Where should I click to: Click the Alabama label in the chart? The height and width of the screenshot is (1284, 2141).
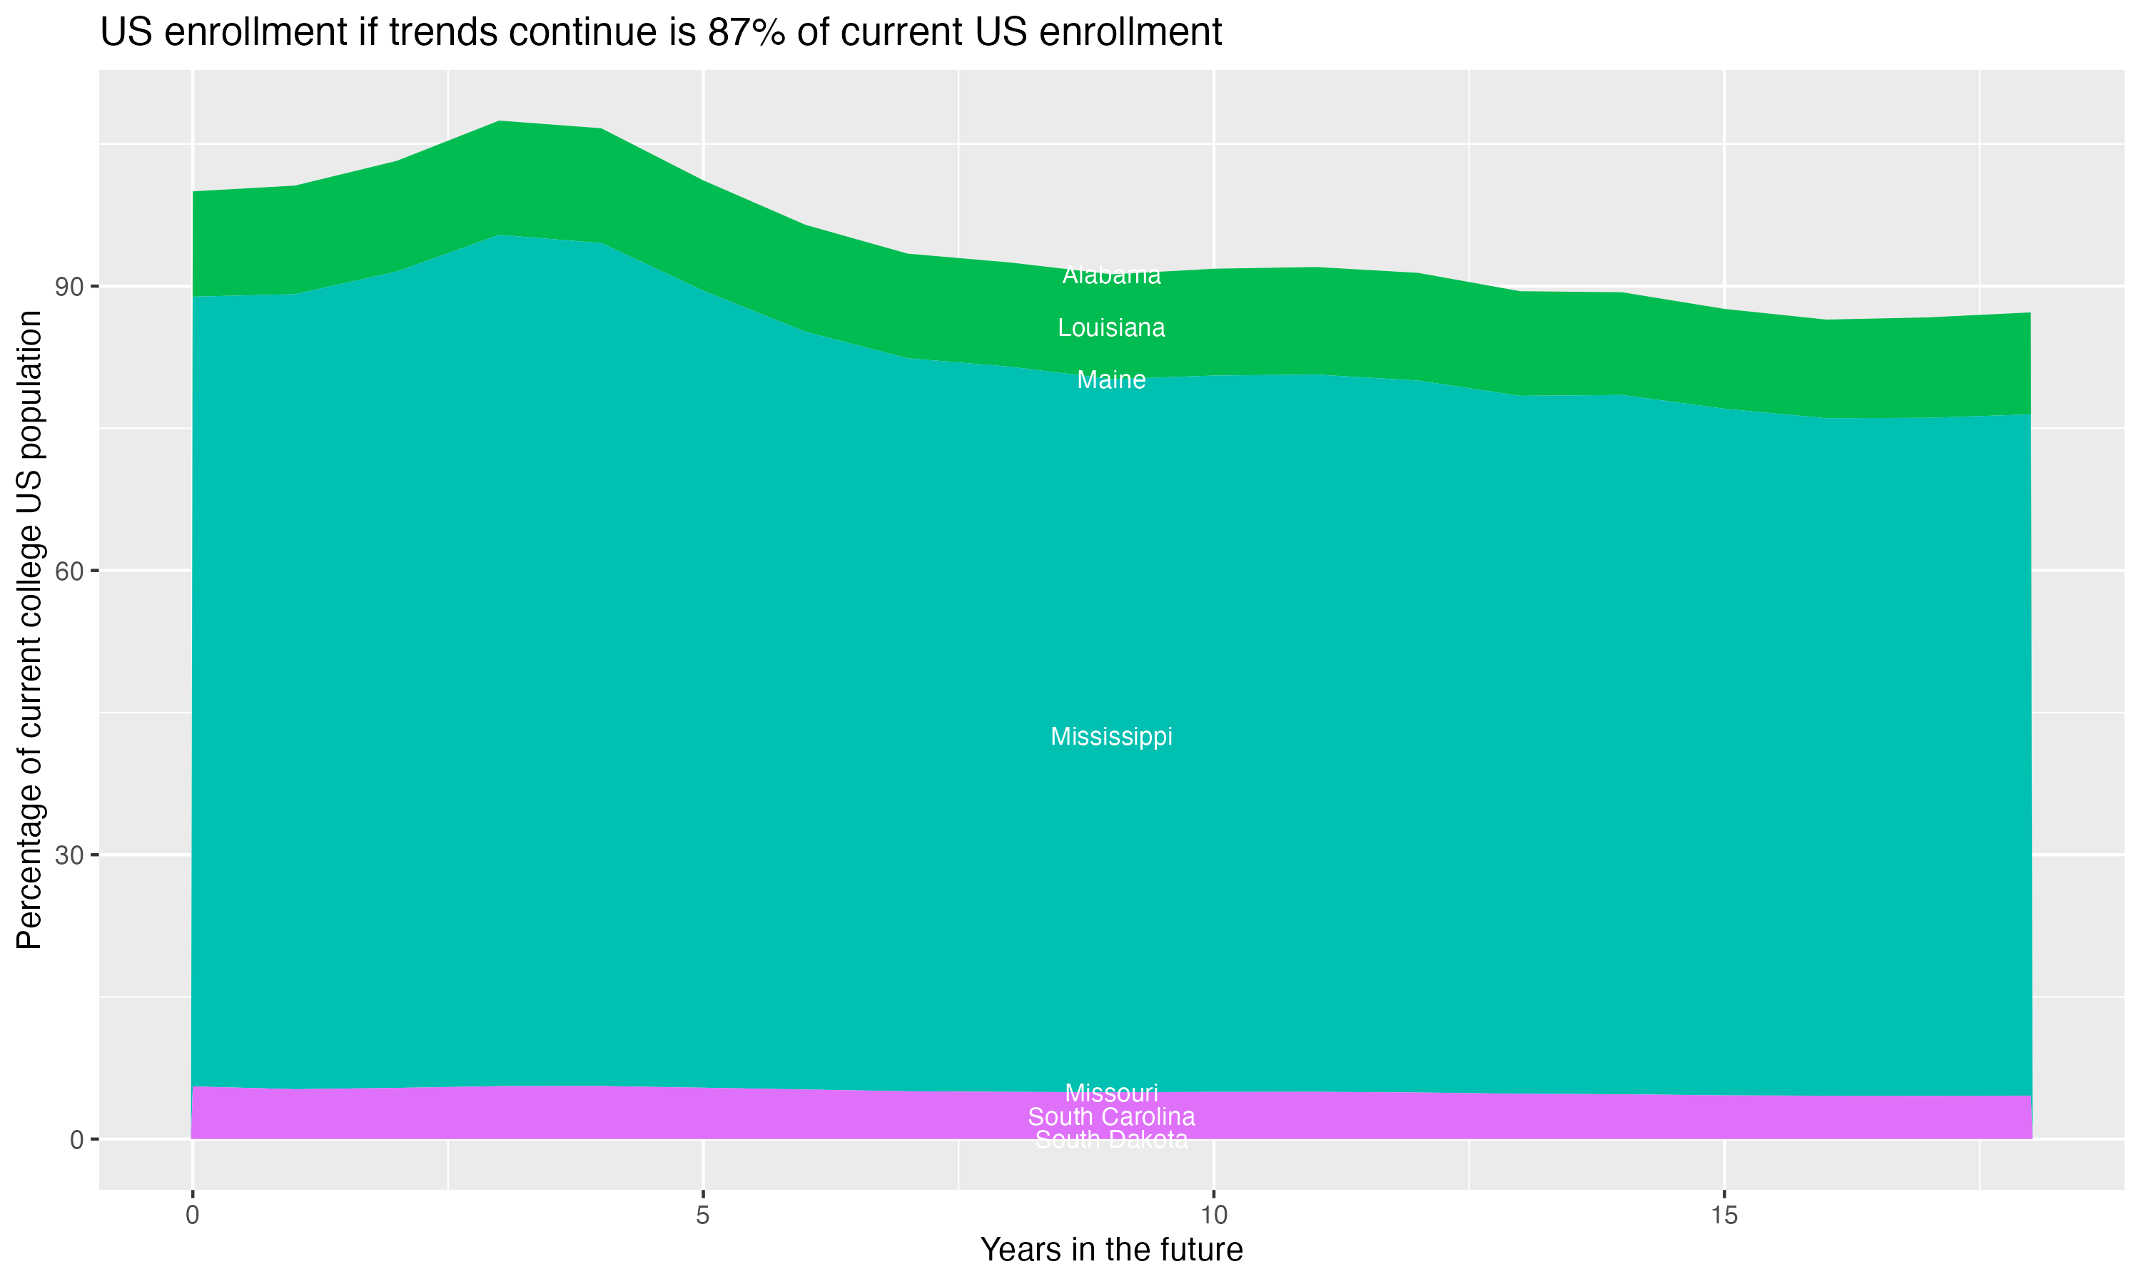click(x=1111, y=275)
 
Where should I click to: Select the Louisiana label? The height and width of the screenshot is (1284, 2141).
click(x=1111, y=328)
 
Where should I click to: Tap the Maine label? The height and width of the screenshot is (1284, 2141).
click(x=1111, y=379)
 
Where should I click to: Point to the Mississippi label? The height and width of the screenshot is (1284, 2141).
click(x=1111, y=736)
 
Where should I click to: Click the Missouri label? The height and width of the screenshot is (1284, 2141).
click(x=1111, y=1093)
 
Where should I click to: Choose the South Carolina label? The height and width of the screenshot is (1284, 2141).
click(x=1111, y=1116)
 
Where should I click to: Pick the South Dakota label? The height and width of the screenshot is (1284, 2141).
click(x=1111, y=1139)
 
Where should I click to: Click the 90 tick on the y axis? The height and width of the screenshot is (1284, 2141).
click(x=70, y=286)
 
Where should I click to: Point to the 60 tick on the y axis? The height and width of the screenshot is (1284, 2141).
click(x=70, y=571)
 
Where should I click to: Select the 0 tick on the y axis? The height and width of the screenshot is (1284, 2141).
click(x=77, y=1139)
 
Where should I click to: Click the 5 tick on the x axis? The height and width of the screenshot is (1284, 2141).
click(x=703, y=1216)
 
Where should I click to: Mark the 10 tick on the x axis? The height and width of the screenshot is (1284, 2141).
click(x=1213, y=1216)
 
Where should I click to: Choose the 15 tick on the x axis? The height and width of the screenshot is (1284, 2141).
click(x=1724, y=1216)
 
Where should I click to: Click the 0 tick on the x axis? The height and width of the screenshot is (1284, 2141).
click(x=192, y=1216)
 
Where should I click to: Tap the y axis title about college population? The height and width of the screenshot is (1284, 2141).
click(x=29, y=630)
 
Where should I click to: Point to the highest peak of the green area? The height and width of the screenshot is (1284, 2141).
click(x=500, y=122)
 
